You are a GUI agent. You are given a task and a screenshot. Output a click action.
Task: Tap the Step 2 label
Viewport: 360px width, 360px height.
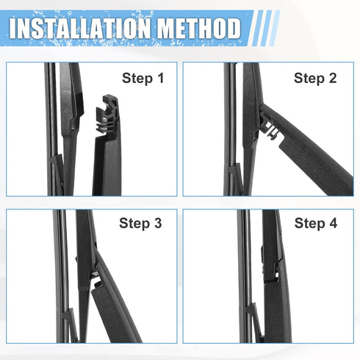pos(314,78)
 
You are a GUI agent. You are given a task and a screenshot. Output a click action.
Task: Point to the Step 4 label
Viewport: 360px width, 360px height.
pos(314,224)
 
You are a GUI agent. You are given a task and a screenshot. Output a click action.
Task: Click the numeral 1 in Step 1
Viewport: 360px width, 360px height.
pos(160,78)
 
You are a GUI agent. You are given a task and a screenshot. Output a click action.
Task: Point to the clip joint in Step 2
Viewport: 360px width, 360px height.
pos(270,129)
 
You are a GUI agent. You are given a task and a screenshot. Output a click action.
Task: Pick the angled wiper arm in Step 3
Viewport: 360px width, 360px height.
pos(118,309)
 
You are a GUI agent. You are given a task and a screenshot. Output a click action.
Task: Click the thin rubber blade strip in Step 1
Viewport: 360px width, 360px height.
pos(50,132)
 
